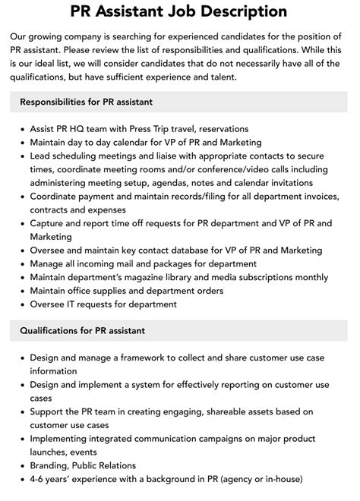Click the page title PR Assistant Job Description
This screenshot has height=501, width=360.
(179, 11)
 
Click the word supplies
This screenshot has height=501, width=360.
(118, 291)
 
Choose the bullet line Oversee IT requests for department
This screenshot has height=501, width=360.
(103, 304)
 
